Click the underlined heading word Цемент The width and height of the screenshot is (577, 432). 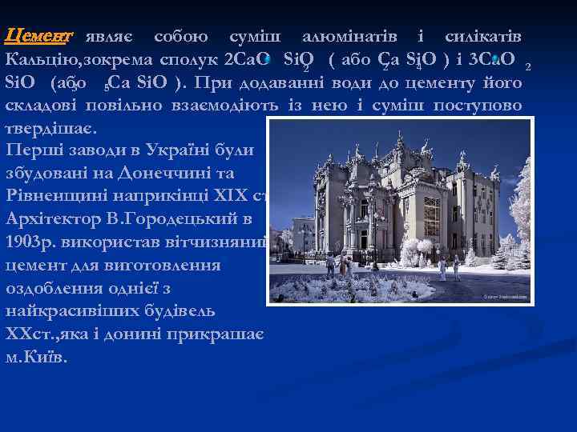[38, 36]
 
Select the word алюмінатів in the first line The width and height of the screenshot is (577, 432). [351, 36]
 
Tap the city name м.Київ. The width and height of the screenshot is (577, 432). [37, 357]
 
